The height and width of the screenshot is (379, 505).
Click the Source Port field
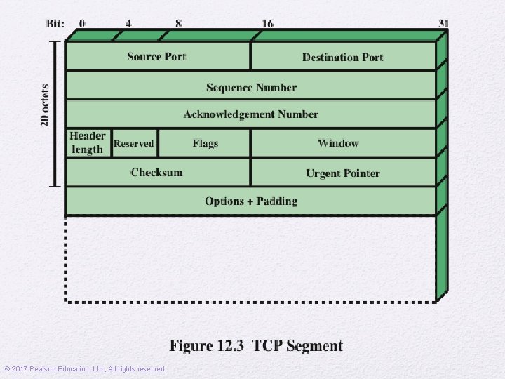pos(157,56)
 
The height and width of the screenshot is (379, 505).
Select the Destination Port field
pos(343,57)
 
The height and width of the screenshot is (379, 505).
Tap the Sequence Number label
pos(251,88)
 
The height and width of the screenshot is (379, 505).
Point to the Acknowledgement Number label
pos(251,114)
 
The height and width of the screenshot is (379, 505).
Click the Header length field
pos(88,142)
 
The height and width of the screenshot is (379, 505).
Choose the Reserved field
pos(133,143)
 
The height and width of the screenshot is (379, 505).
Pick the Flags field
pos(205,143)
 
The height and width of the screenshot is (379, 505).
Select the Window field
pos(338,143)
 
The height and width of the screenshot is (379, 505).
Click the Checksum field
pos(156,173)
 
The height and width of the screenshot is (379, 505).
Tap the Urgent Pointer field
pos(343,173)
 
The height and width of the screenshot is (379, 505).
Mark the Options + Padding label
pos(251,201)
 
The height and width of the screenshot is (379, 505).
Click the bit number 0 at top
pos(82,23)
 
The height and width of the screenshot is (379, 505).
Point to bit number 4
pos(128,23)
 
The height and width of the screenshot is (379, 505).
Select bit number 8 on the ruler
pos(178,23)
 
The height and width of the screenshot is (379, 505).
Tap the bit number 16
pos(267,23)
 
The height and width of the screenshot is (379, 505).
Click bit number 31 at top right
pos(443,23)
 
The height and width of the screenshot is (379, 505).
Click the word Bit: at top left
pos(55,23)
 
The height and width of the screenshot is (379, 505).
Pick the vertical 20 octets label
pos(46,105)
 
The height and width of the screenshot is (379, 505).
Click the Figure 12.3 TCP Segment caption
pos(256,346)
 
